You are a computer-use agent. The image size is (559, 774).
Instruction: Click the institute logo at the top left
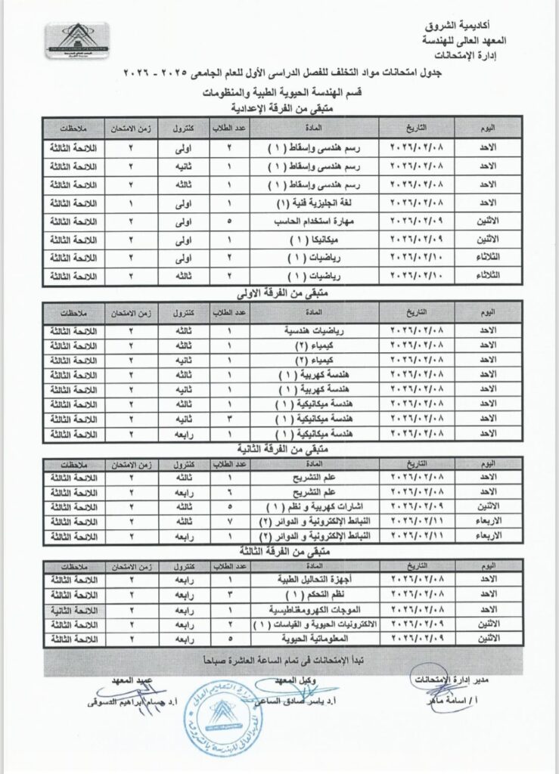tap(75, 45)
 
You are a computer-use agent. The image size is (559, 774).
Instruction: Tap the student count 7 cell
tap(229, 521)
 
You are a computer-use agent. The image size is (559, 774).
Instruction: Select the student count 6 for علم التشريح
tap(229, 492)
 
